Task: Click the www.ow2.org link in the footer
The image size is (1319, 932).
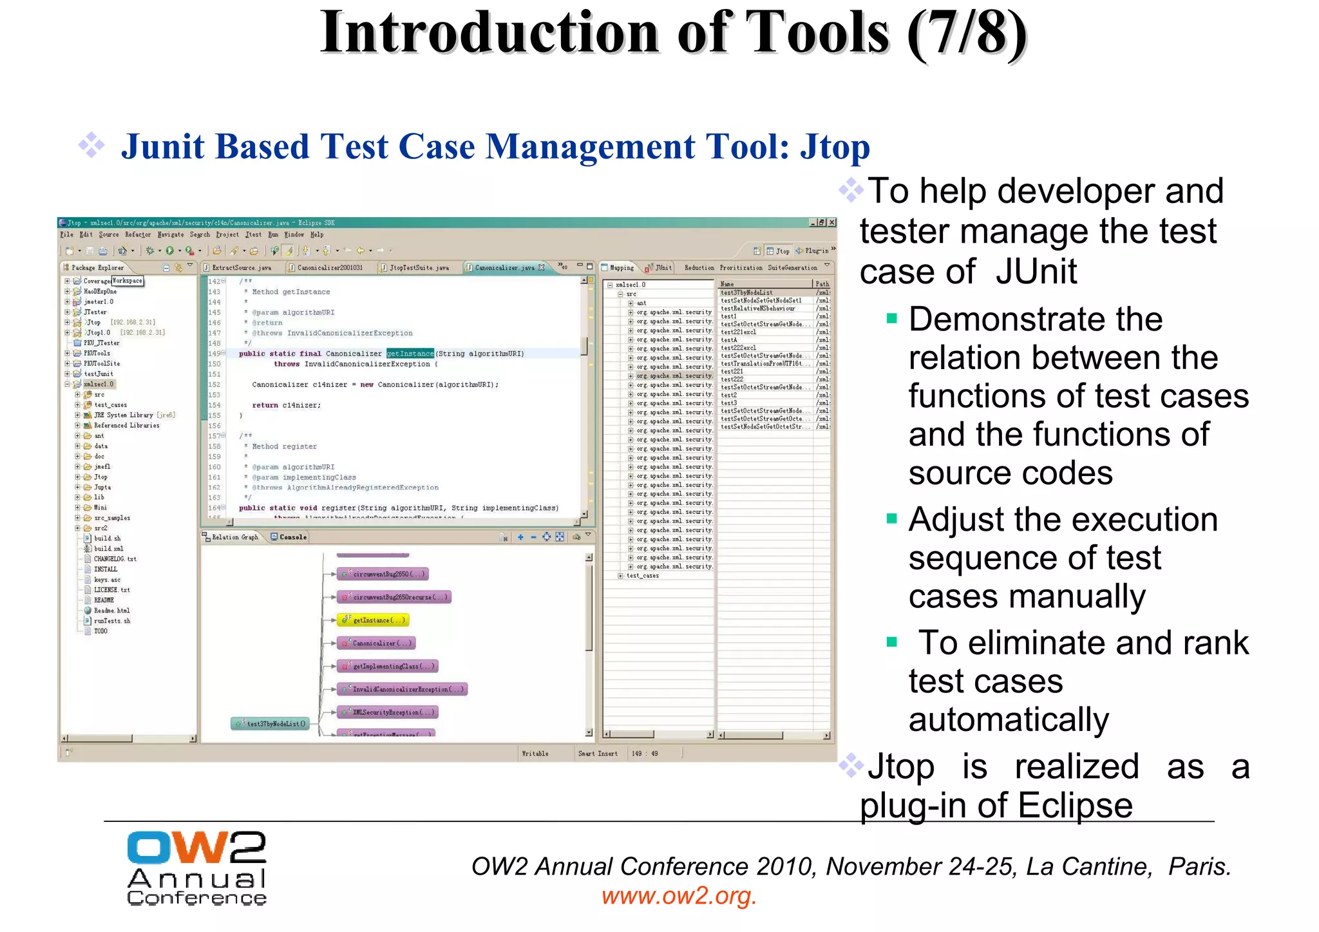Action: coord(679,896)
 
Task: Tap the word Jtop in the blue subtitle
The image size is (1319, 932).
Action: coord(835,147)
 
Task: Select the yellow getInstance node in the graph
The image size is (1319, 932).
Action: coord(374,620)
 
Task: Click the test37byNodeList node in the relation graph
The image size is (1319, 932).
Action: coord(271,724)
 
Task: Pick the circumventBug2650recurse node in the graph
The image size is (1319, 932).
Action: coord(394,597)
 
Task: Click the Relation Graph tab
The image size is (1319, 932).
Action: coord(234,537)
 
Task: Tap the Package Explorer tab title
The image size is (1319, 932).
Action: coord(97,267)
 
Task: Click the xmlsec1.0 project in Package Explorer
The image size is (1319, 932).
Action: coord(99,385)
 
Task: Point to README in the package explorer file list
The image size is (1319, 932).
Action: coord(104,600)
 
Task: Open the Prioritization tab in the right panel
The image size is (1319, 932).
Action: coord(741,267)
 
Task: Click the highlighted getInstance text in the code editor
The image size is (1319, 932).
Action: coord(410,354)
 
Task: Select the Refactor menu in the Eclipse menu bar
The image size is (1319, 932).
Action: coord(138,234)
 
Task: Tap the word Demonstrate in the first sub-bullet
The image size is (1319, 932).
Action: coord(1035,319)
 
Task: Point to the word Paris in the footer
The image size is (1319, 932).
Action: coord(1199,867)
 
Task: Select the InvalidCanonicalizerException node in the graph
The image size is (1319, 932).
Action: coord(402,689)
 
